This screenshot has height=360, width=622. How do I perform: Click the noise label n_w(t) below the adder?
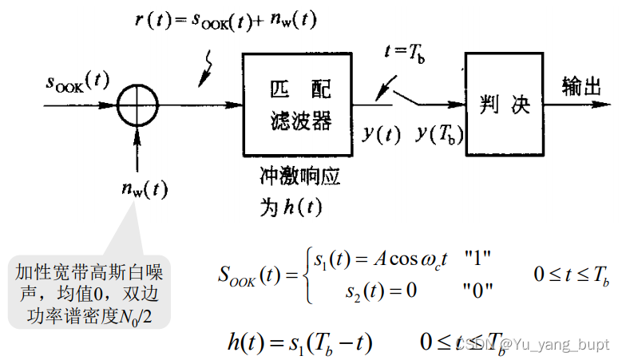click(x=145, y=189)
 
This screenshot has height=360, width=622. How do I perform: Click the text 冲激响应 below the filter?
click(x=299, y=176)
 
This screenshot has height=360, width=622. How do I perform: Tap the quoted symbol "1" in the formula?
click(x=476, y=259)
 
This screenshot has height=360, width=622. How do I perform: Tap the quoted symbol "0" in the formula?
click(x=477, y=290)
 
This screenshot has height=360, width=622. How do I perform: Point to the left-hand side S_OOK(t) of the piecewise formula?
click(x=250, y=275)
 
